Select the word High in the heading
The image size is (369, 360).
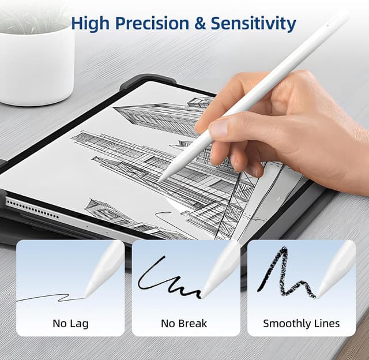point(92,24)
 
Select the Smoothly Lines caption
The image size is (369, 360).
point(301,323)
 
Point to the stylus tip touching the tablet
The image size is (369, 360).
point(160,181)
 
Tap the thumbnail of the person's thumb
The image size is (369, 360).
point(218,128)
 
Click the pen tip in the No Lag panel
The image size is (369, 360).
point(86,296)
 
